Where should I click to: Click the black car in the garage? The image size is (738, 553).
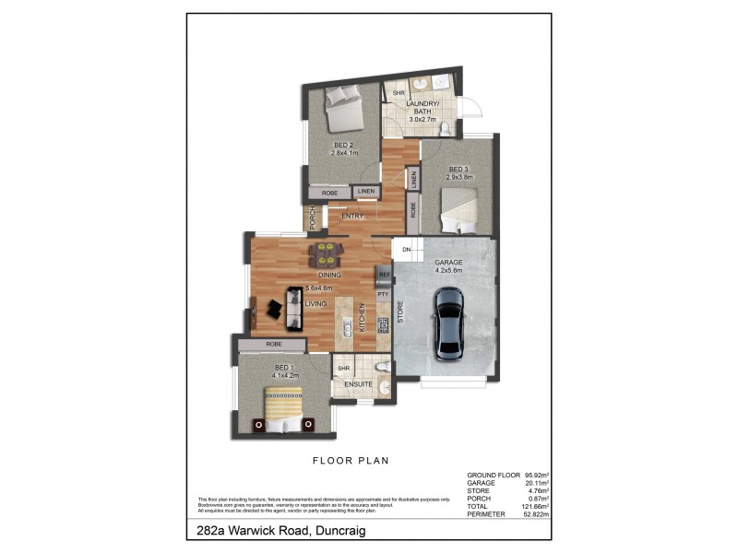tap(449, 324)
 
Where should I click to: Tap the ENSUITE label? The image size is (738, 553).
tap(358, 383)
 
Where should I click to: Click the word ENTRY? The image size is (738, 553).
tap(351, 216)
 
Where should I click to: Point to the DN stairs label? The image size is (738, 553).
tap(406, 249)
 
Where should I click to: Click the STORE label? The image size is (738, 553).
tap(400, 312)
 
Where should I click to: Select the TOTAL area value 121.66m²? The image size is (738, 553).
tap(535, 506)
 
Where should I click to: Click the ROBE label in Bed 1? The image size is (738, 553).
tap(273, 344)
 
